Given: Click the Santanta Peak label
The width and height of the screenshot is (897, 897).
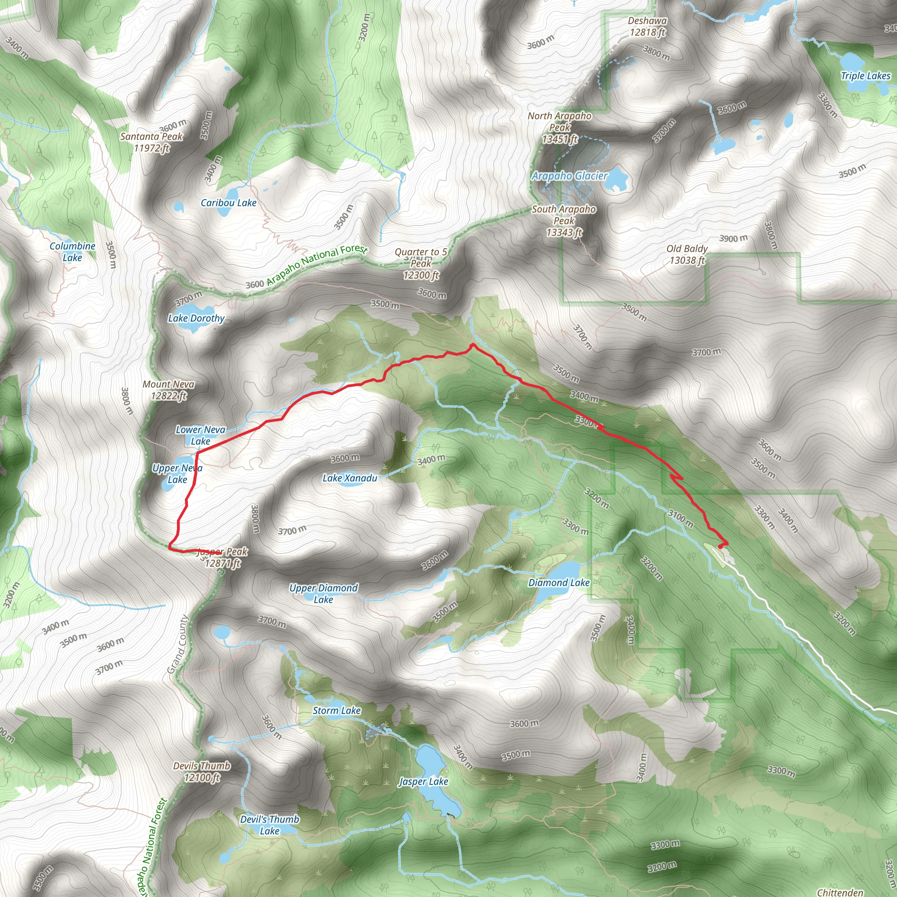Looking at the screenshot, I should (x=152, y=142).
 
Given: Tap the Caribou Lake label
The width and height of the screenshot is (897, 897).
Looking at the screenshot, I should (x=229, y=203).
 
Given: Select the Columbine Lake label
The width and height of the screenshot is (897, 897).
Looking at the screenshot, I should (x=72, y=252).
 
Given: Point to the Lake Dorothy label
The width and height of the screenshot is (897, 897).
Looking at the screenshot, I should (x=196, y=318).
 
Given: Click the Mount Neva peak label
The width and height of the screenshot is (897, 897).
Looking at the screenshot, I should (x=169, y=389).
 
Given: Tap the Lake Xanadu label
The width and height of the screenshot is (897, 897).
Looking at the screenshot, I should (x=350, y=478).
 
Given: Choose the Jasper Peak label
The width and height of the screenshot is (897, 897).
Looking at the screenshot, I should (x=222, y=557).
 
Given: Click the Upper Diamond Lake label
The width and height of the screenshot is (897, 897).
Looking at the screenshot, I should (x=323, y=593).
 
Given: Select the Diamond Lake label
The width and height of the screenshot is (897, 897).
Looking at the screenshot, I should (x=558, y=583).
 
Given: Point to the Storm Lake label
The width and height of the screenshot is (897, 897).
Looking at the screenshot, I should (x=337, y=710).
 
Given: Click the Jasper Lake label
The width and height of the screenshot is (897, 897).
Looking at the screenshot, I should (x=424, y=782).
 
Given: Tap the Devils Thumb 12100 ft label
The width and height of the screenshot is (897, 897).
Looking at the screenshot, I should (x=201, y=772).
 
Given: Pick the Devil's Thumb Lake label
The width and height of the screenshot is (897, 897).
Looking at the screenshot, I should (x=269, y=825).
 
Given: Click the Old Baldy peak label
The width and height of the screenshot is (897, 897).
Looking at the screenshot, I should (x=687, y=254).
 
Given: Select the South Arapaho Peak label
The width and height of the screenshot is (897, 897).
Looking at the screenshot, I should (x=564, y=221).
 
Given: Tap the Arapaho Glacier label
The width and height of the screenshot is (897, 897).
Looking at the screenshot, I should (x=569, y=176).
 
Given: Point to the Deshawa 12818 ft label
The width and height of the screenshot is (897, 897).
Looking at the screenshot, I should (x=647, y=26).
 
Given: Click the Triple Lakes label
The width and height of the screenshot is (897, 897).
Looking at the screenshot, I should (x=865, y=76).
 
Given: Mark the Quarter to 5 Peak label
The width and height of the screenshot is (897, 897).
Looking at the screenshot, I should (x=421, y=263).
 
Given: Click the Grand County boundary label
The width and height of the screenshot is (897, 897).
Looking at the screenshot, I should (x=177, y=644).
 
